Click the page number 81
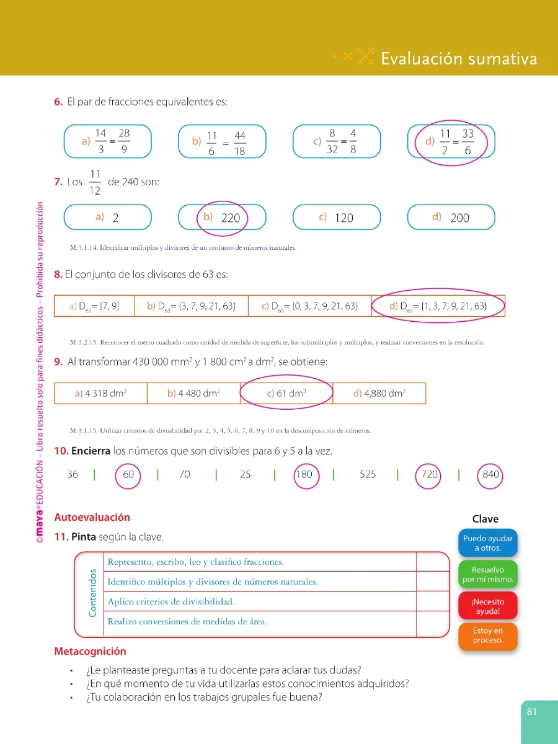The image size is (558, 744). [531, 712]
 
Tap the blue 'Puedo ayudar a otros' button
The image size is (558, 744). [487, 542]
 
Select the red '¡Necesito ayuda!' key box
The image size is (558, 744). [487, 606]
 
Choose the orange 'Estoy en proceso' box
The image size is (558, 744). [487, 636]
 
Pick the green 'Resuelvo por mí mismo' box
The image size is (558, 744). [487, 574]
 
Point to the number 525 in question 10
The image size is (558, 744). [368, 474]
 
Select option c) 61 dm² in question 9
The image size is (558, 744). [286, 393]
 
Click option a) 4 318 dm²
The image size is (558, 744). [100, 393]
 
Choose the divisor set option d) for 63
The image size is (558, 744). [438, 306]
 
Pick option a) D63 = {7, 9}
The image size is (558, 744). [94, 306]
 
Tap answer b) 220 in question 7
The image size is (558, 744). [222, 217]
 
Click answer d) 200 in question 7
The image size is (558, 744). [451, 217]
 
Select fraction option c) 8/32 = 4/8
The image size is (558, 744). [337, 141]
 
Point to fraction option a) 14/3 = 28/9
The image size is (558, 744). [108, 141]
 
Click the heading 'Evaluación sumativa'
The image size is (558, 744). [459, 59]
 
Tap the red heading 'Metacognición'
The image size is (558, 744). [90, 651]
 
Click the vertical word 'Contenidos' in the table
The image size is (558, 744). [92, 593]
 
